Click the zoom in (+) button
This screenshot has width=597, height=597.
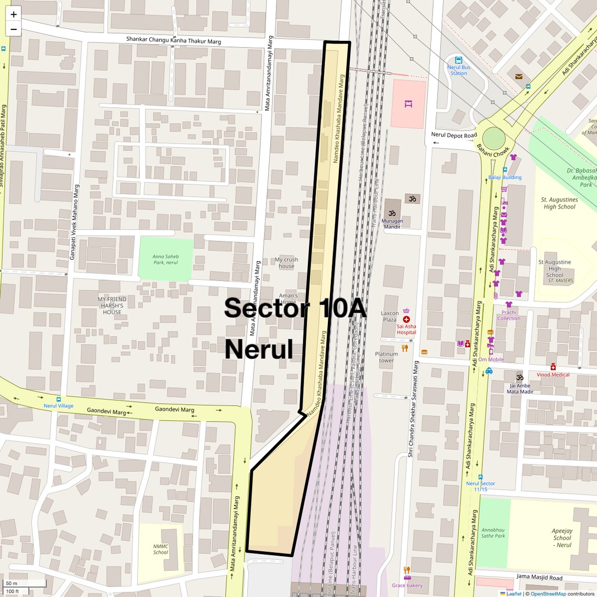coord(14,14)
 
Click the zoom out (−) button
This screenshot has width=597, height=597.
coord(14,29)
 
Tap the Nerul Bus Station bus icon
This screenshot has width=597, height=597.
coord(459,60)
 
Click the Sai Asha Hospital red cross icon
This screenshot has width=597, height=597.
coord(406,319)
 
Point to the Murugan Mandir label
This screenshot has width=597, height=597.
coord(393,224)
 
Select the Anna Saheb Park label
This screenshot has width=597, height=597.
coord(165,259)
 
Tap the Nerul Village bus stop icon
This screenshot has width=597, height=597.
coord(58,399)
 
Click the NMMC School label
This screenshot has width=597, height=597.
coord(161,549)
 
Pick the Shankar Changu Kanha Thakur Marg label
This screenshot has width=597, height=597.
coord(173,40)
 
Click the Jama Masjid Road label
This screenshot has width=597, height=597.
coord(539,577)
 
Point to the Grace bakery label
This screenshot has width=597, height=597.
coord(407,585)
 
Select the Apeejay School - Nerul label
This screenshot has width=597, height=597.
coord(562,538)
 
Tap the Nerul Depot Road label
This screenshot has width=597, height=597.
coord(454,135)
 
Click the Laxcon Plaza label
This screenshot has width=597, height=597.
coord(389,316)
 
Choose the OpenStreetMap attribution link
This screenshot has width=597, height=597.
coord(548,594)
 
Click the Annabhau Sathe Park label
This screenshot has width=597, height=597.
coord(493,533)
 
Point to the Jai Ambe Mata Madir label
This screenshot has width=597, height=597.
coord(519,389)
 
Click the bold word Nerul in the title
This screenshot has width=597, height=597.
coord(259,349)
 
